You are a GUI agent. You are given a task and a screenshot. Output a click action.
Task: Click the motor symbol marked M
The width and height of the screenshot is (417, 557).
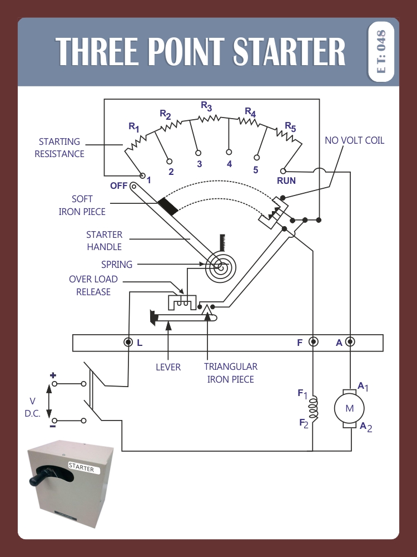[x=349, y=408]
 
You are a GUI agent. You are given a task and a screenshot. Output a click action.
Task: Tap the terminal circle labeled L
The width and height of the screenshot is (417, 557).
[x=128, y=342]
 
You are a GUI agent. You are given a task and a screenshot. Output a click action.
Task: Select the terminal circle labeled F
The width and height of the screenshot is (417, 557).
[x=313, y=342]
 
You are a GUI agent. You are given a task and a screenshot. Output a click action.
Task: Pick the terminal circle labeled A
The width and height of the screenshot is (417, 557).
[x=350, y=342]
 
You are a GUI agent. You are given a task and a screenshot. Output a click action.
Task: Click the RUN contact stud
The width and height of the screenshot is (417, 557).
[x=284, y=170]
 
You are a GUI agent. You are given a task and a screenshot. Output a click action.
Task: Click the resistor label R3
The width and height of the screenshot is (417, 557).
[x=206, y=105]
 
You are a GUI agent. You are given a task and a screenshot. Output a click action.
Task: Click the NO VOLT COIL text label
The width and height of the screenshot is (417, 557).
[x=354, y=140]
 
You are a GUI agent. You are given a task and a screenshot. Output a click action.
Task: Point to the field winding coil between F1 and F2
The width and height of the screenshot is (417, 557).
[x=313, y=408]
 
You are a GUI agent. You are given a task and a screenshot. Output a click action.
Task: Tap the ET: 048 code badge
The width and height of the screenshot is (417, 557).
[x=381, y=52]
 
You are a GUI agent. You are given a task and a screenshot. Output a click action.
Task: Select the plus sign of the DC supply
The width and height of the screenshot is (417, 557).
[x=53, y=375]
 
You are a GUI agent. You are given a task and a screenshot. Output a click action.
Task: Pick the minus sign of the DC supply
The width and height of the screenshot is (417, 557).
[x=53, y=427]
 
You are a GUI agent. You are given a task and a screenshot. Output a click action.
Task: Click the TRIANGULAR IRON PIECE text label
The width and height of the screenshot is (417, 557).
[x=230, y=373]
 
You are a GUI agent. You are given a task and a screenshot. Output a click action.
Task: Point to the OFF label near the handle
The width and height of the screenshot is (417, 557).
[x=118, y=186]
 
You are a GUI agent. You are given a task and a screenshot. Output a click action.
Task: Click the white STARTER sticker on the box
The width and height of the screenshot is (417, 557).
[x=82, y=468]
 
